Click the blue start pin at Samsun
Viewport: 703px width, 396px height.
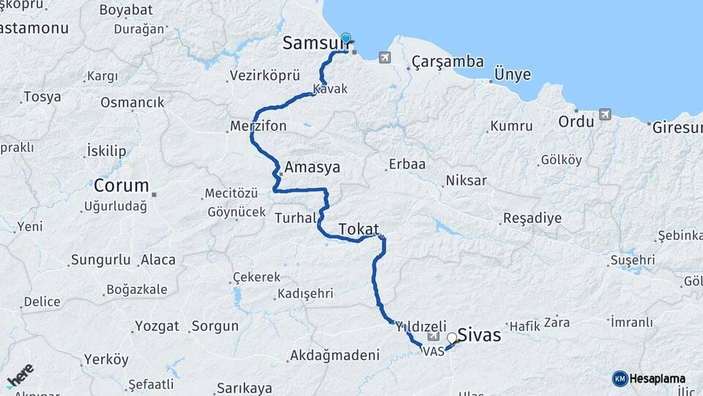click(346, 40)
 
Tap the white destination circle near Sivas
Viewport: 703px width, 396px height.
click(452, 338)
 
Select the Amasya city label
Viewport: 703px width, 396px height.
click(312, 167)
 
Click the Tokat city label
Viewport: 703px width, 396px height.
click(359, 229)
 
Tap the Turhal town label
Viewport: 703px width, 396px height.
click(295, 218)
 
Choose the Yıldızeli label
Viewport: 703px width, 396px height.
click(421, 325)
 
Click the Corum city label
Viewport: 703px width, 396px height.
click(121, 185)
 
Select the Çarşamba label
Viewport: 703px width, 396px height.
click(447, 62)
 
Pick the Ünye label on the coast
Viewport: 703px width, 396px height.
click(513, 74)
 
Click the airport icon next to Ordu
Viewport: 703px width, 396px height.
click(605, 114)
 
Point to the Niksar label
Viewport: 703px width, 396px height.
click(466, 180)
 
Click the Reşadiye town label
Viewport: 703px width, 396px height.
click(532, 219)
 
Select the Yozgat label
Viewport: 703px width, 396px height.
click(157, 326)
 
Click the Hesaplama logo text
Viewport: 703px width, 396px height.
click(657, 378)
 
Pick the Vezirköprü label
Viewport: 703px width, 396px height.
click(265, 76)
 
